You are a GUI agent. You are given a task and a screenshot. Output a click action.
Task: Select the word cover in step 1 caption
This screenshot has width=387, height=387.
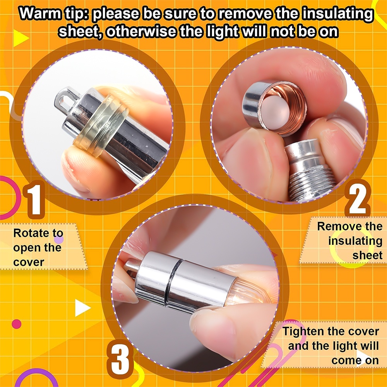[x=29, y=262]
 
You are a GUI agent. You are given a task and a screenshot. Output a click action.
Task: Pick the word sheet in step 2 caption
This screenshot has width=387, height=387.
[x=367, y=255]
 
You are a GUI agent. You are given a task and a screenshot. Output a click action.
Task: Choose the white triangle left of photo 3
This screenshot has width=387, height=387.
[x=82, y=308]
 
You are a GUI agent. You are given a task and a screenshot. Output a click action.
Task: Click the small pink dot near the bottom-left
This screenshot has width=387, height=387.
[x=16, y=324]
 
